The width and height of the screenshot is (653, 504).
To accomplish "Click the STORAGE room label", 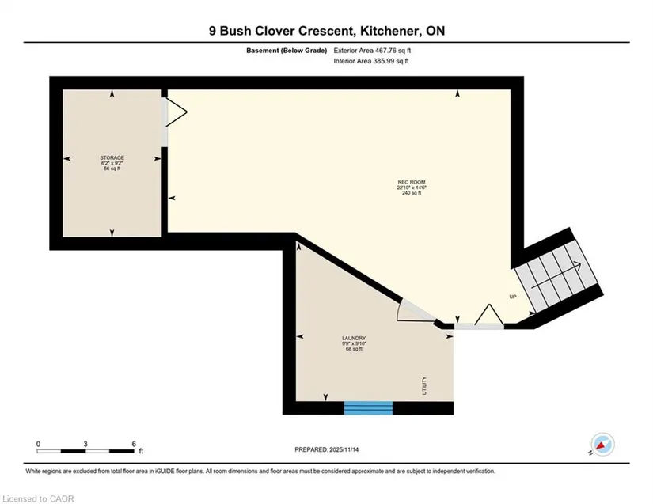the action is coord(112,157).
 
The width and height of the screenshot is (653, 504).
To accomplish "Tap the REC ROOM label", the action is coord(412,182).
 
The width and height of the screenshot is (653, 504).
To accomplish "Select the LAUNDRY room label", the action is coord(354,338).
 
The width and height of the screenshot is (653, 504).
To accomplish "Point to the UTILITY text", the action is coord(424,385).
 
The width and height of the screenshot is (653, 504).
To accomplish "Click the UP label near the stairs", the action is coord(513,297).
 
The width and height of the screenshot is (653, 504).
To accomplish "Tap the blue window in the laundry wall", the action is coord(368,407).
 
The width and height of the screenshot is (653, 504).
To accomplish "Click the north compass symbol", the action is coord(602,445).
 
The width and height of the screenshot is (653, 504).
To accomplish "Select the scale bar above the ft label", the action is coord(85,451).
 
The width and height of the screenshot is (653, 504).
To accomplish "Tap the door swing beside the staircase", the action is coord(489,314).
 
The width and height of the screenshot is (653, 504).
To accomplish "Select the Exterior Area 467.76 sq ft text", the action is coord(372,51).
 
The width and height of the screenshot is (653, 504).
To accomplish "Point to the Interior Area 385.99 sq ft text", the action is coord(371,61).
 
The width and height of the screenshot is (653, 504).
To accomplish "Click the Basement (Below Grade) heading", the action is coord(287,51).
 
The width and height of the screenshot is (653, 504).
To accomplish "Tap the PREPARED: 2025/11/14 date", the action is coord(326,449).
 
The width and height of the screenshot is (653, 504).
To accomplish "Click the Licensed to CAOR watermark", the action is coord(38,498).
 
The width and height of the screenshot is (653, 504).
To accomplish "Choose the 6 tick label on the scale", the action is coord(134,444).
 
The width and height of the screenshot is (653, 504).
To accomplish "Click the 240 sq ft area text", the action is coord(412,193).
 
